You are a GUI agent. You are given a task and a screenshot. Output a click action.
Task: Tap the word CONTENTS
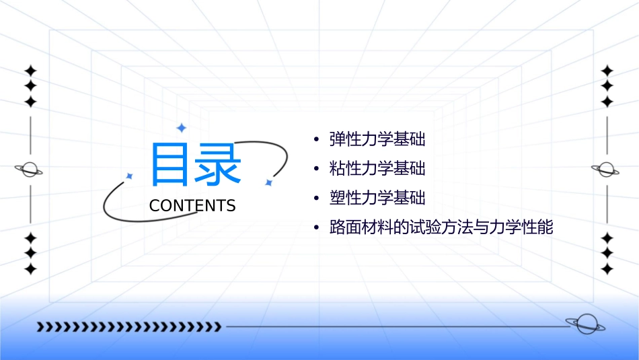point(192,206)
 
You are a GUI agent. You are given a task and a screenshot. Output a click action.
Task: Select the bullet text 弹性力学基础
point(377,139)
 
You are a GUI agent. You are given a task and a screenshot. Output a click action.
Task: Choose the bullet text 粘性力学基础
point(377,168)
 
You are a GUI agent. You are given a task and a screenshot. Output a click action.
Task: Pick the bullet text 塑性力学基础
point(377,198)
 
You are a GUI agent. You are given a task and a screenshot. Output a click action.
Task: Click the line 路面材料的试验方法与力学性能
point(441,227)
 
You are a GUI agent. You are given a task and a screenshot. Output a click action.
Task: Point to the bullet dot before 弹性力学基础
point(316,140)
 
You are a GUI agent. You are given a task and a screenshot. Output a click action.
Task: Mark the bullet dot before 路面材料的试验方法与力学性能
point(316,228)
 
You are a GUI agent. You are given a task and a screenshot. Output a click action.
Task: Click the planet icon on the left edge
point(30,170)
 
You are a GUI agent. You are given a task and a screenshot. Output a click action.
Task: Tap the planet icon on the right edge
point(607,170)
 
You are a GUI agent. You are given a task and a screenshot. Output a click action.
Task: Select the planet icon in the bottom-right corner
point(585,325)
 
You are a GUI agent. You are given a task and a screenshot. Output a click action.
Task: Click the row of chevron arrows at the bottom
point(128,327)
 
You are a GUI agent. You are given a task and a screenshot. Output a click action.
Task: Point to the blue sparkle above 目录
point(181,127)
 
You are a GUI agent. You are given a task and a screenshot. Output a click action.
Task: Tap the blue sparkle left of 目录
point(130,176)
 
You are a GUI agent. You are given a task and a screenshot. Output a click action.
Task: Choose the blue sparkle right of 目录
point(268,182)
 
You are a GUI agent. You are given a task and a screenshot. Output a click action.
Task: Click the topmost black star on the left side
point(30,71)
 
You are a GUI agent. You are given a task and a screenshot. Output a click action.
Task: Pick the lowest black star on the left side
point(30,269)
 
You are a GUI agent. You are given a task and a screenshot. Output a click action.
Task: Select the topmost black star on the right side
point(607,71)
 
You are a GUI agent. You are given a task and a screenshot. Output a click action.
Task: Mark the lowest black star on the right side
point(607,269)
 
